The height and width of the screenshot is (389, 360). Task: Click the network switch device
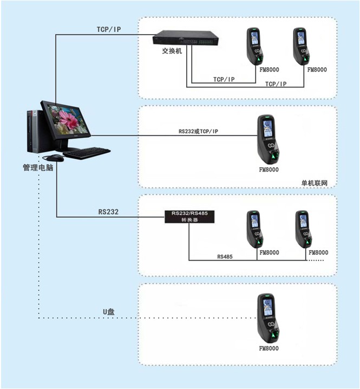(x=186, y=38)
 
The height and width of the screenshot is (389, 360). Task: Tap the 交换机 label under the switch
(x=172, y=51)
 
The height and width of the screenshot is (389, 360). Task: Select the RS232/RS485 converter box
(x=189, y=217)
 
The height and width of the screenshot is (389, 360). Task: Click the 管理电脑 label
(x=38, y=168)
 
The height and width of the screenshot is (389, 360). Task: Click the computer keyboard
(x=87, y=153)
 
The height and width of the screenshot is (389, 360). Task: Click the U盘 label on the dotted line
(x=109, y=312)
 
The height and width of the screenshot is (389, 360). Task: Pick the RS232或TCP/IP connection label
(x=198, y=131)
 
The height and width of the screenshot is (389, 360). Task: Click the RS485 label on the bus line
(x=225, y=256)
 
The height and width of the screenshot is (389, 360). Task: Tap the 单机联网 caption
(x=315, y=183)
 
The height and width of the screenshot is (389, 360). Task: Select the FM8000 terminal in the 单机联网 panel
(x=269, y=140)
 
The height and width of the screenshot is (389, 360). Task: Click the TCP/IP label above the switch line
(x=109, y=29)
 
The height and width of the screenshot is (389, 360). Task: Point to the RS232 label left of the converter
(x=108, y=212)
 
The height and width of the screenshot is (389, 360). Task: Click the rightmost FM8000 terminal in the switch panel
(x=302, y=47)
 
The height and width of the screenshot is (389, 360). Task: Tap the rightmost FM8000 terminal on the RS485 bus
(x=304, y=229)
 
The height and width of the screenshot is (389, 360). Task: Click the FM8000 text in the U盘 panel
(x=269, y=348)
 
